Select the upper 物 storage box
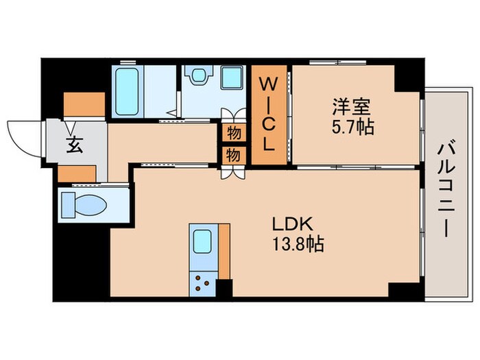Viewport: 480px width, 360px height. click(233, 131)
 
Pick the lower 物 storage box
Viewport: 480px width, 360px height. click(233, 155)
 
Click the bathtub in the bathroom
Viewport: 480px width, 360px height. click(129, 92)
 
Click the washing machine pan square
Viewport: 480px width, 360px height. click(232, 77)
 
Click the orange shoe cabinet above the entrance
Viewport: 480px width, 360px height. click(84, 104)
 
